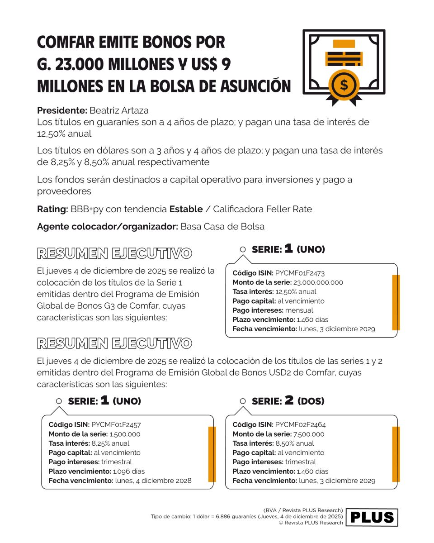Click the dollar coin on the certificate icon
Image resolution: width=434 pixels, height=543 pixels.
pos(344,85)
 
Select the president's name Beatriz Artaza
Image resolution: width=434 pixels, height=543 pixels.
pos(119,110)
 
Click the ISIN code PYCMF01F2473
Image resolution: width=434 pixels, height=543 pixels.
pos(300,273)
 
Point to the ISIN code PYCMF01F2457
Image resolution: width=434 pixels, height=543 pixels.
pos(116,425)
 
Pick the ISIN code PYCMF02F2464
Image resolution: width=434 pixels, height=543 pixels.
pos(300,425)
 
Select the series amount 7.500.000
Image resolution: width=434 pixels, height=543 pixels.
pos(308,434)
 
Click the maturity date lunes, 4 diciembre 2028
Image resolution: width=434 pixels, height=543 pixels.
pos(153,481)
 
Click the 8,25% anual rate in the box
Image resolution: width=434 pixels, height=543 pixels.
pos(110,443)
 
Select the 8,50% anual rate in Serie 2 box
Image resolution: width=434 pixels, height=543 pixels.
pos(295,443)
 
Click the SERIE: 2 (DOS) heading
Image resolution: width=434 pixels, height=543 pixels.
pos(288,401)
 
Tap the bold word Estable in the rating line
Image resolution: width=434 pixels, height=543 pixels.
pos(186,209)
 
